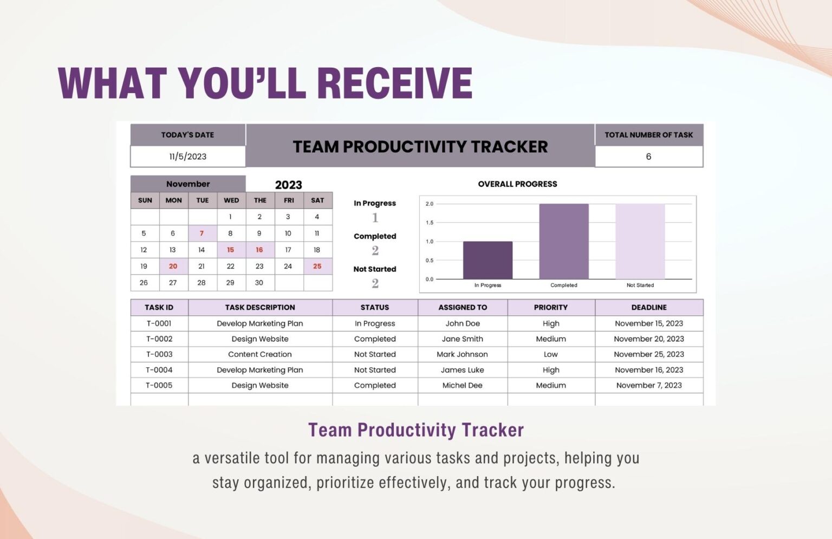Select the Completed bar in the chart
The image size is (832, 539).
[x=563, y=242]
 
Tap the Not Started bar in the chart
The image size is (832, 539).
[x=640, y=242]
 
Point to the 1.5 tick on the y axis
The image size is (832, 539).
[x=430, y=223]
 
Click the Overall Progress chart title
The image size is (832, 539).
[x=517, y=184]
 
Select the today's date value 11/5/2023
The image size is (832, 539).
[x=187, y=157]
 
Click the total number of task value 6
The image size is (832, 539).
[x=648, y=157]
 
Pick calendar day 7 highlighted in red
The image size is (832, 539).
[x=201, y=233]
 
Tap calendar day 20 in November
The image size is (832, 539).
[x=173, y=267]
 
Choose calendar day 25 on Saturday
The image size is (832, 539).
[x=317, y=267]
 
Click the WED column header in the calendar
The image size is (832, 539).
[x=231, y=200]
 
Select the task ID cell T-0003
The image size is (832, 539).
[x=159, y=354]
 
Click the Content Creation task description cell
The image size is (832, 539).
[x=260, y=354]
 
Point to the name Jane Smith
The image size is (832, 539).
[x=462, y=339]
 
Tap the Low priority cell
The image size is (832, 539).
[x=550, y=354]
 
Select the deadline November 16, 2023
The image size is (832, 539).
[x=648, y=370]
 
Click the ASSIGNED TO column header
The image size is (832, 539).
[x=463, y=307]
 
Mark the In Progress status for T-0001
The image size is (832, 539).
[x=375, y=323]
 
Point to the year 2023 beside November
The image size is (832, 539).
[x=288, y=185]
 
